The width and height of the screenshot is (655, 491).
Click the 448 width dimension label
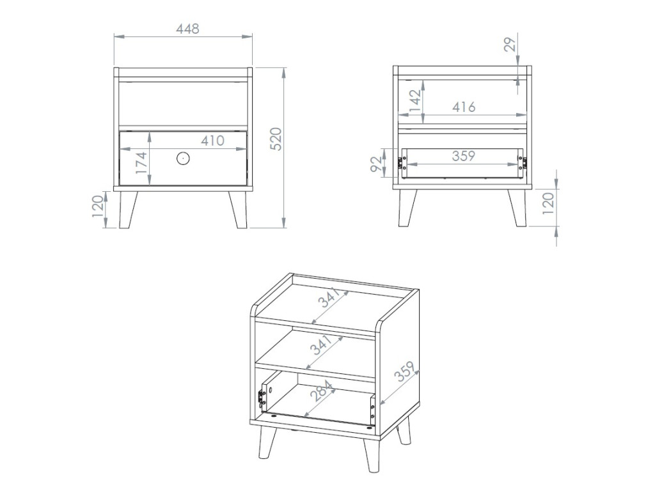click(x=187, y=29)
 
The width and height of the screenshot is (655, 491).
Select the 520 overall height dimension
click(x=276, y=139)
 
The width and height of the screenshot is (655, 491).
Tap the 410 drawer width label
click(x=212, y=141)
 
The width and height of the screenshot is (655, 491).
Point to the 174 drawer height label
click(x=141, y=163)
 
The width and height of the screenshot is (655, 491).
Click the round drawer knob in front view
click(x=183, y=159)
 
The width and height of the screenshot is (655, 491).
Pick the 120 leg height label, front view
click(x=98, y=206)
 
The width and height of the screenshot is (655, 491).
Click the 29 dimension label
click(x=510, y=44)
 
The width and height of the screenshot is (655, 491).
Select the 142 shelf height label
click(x=415, y=100)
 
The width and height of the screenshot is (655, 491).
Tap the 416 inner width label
click(x=464, y=107)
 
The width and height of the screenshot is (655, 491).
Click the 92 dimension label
click(x=376, y=164)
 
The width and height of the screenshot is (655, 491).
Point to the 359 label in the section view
click(x=464, y=156)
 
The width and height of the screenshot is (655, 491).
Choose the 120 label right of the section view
click(x=548, y=203)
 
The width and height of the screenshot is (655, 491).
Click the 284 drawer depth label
click(x=321, y=391)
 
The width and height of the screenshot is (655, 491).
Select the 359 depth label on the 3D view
click(x=405, y=371)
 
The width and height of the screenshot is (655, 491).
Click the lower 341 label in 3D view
click(x=321, y=345)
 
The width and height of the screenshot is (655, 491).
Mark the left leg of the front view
click(x=128, y=210)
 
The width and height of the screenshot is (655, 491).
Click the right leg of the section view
click(x=517, y=208)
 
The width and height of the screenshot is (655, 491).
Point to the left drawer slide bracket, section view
click(x=403, y=163)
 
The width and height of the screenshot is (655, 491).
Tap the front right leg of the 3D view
click(x=371, y=455)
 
